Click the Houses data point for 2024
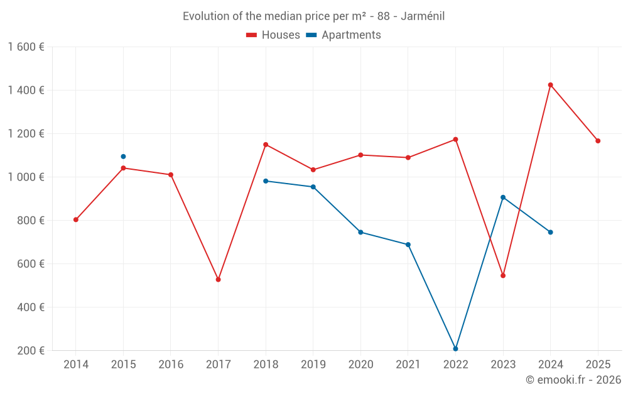click(x=551, y=85)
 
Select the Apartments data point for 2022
click(x=455, y=348)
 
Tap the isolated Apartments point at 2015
click(x=123, y=157)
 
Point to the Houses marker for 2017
click(x=218, y=279)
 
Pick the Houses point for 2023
click(x=503, y=275)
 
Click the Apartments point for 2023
click(x=503, y=197)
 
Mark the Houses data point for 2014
click(x=76, y=219)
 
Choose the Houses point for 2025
click(x=598, y=141)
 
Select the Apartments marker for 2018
click(x=266, y=181)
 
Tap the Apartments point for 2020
click(x=360, y=232)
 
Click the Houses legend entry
click(x=273, y=35)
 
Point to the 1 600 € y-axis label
click(x=26, y=47)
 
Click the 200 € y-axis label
click(x=31, y=351)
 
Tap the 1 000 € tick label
click(x=26, y=177)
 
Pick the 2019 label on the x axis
click(x=313, y=365)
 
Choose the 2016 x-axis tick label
click(x=171, y=365)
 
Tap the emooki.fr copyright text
click(x=573, y=380)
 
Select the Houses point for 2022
click(x=455, y=140)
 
